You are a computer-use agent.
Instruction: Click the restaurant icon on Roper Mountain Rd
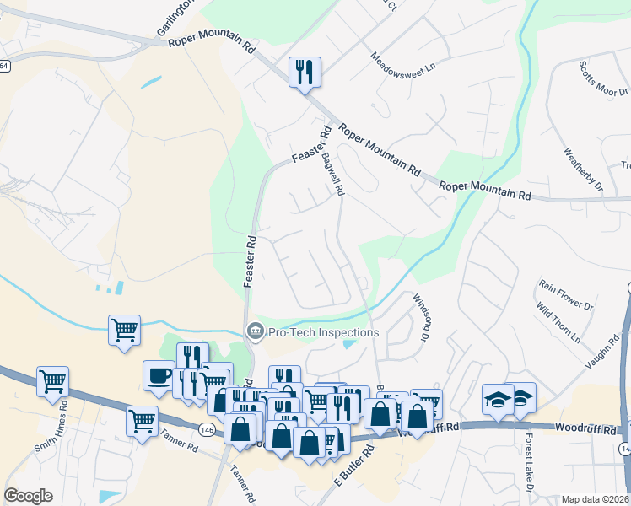point(305,72)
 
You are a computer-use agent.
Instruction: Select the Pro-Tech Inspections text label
point(323,332)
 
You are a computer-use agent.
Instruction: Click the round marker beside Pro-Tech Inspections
point(254,333)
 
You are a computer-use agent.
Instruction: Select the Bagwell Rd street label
point(333,169)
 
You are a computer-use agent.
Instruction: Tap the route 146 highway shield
point(207,430)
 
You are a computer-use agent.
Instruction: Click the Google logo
point(29,496)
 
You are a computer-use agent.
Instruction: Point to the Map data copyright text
point(595,499)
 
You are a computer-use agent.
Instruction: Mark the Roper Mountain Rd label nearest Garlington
point(211,44)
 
